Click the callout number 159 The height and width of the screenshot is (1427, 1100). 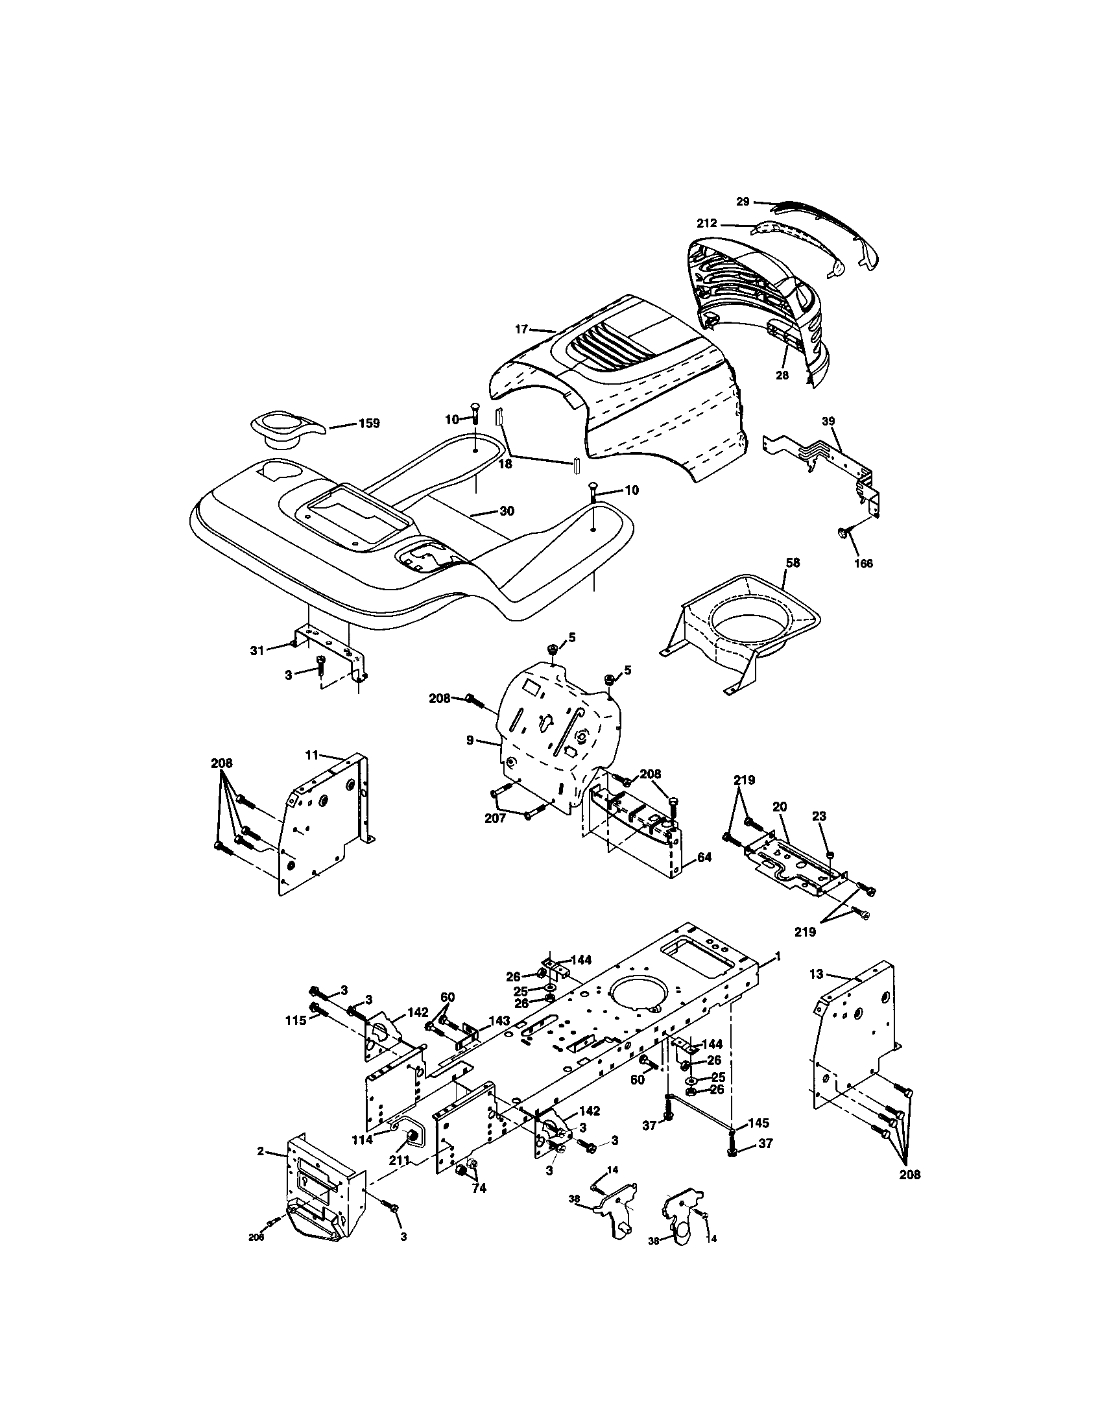[369, 424]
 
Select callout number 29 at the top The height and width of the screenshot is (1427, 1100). [743, 201]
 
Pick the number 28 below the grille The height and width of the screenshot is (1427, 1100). [782, 375]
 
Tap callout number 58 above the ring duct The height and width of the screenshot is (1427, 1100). [793, 562]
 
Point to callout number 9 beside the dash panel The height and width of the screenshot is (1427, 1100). [470, 741]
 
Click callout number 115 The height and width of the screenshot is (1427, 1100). [295, 1020]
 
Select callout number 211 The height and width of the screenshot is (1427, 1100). [399, 1160]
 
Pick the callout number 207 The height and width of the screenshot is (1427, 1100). [495, 817]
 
